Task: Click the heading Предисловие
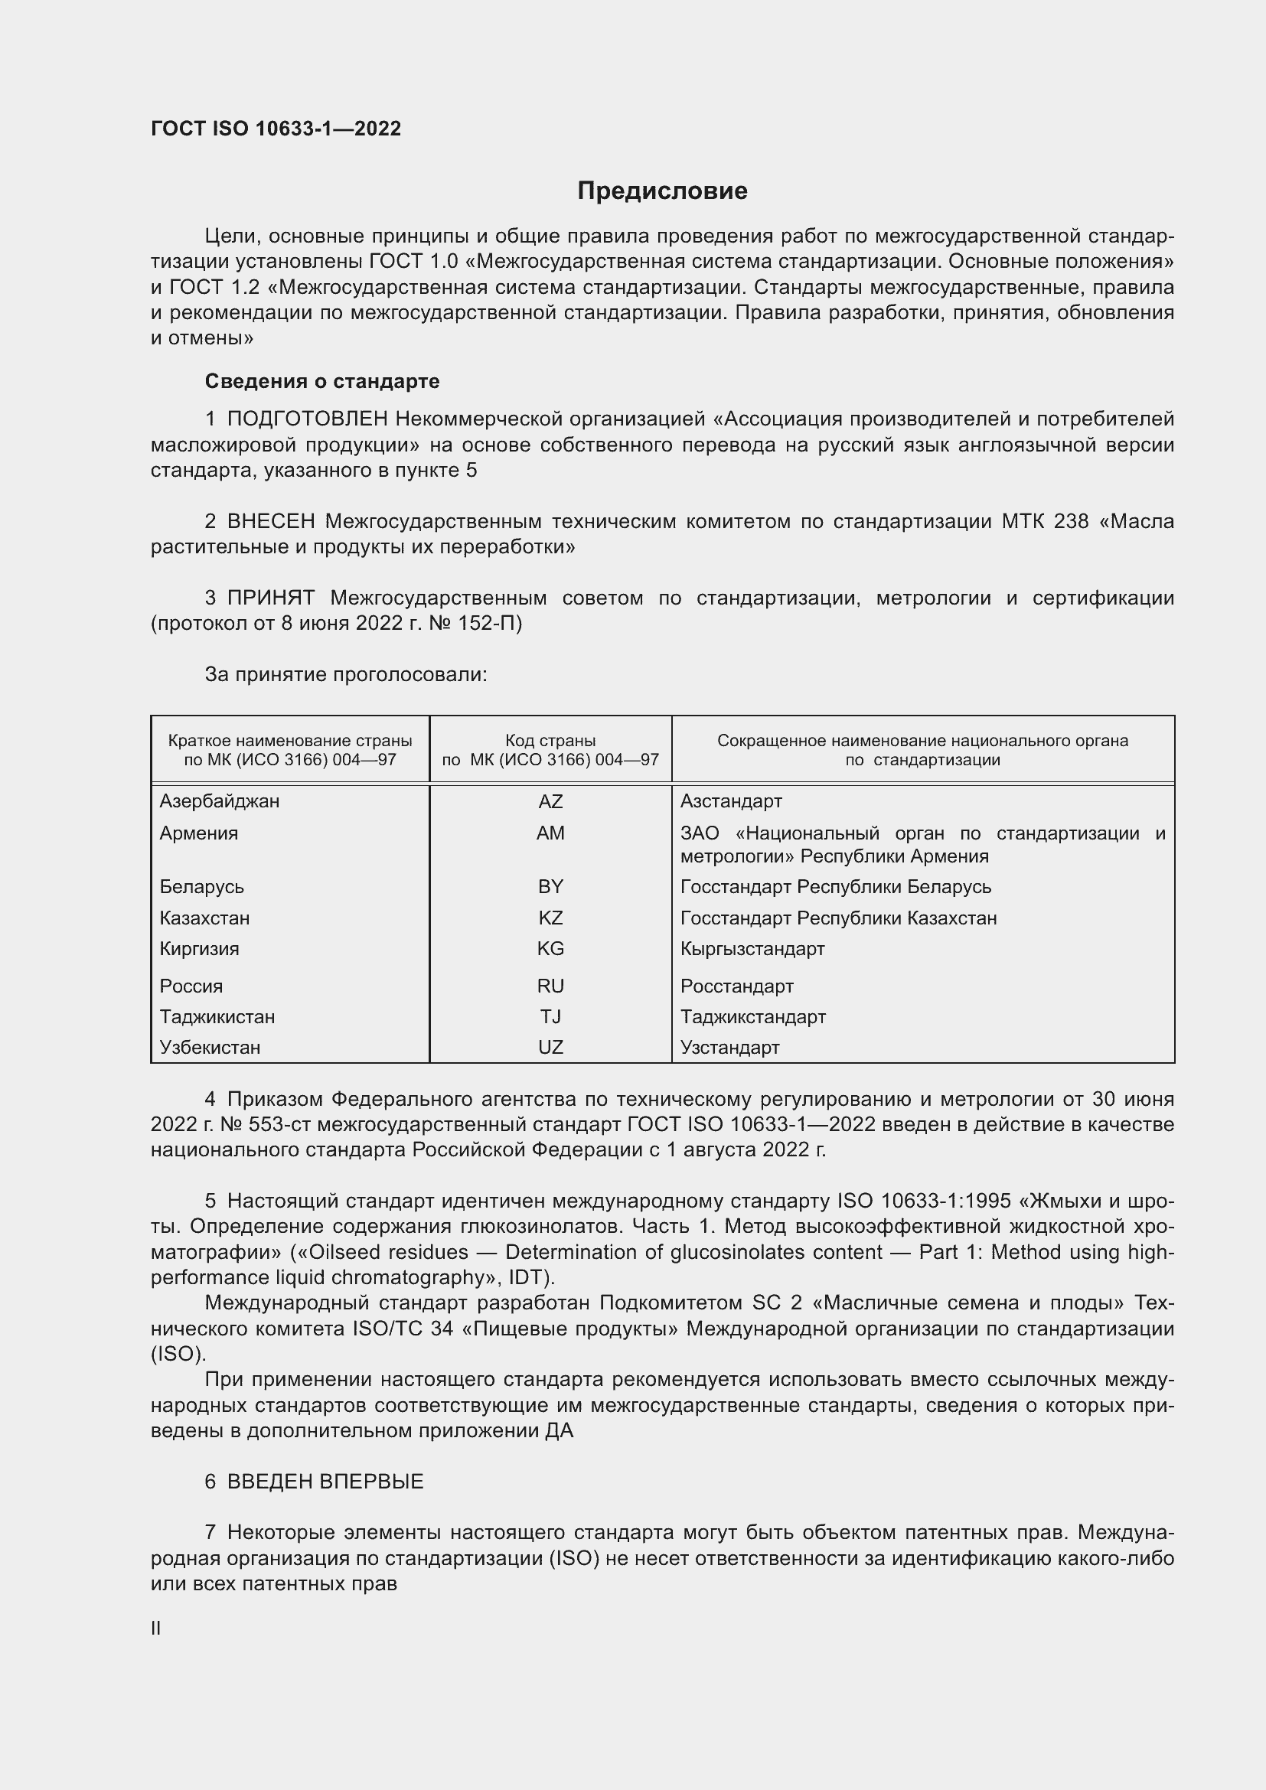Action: tap(662, 191)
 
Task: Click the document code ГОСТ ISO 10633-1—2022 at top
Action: tap(276, 129)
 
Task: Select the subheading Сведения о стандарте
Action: tap(322, 381)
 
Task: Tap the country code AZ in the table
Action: tap(550, 801)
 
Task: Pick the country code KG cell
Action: tap(550, 949)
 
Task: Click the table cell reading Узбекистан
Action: tap(210, 1047)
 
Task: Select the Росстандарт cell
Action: tap(736, 986)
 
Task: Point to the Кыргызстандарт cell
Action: tap(752, 949)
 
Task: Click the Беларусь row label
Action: tap(202, 886)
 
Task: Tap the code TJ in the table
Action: tap(550, 1016)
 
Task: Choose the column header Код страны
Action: tap(550, 741)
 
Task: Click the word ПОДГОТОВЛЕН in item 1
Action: tap(307, 419)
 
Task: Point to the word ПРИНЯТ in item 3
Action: tap(271, 598)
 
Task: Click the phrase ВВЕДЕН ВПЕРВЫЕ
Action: tap(325, 1482)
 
